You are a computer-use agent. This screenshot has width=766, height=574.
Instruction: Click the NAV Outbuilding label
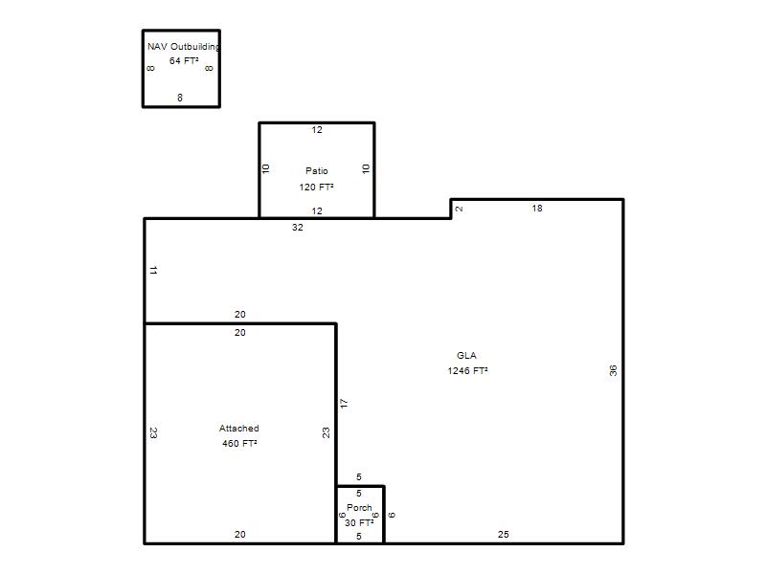point(184,47)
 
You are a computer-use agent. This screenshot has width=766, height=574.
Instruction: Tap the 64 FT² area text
point(184,61)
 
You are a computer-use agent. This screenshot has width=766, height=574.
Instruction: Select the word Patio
point(317,171)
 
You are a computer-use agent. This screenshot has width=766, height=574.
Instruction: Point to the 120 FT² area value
point(317,187)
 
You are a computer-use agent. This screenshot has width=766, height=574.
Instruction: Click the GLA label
point(466,355)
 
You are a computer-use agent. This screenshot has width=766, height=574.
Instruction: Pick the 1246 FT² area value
point(467,371)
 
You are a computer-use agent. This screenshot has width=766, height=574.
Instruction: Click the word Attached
point(238,428)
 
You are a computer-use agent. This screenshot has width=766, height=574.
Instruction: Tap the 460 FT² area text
point(239,444)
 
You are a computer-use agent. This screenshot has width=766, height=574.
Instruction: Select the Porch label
point(359,508)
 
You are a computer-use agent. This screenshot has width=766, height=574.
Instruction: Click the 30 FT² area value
point(359,522)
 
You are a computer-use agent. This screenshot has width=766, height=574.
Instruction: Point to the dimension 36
point(613,370)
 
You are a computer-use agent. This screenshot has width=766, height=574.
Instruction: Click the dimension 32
point(298,228)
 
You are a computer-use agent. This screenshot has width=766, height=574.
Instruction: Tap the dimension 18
point(537,209)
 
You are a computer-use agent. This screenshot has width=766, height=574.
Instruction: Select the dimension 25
point(504,535)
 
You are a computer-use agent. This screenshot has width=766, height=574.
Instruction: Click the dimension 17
point(344,404)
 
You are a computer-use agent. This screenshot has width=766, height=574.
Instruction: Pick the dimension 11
point(153,270)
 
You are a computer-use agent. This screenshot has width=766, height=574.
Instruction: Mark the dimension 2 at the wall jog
point(459,209)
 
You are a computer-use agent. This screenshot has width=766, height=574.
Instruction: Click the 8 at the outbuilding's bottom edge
point(180,98)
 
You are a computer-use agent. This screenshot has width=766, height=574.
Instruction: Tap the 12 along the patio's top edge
point(317,130)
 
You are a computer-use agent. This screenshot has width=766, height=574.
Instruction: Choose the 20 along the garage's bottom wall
point(240,535)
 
